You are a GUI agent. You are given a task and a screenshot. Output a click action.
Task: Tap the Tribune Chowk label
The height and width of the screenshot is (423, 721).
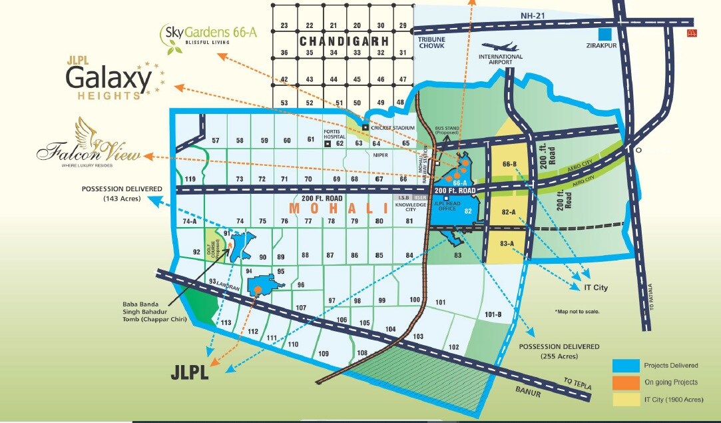click(431, 43)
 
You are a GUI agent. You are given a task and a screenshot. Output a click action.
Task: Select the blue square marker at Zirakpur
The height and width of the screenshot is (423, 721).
click(604, 33)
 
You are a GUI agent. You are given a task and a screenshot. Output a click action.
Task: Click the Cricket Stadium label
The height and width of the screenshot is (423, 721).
click(393, 127)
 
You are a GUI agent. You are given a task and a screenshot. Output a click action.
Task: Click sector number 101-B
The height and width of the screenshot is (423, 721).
click(493, 313)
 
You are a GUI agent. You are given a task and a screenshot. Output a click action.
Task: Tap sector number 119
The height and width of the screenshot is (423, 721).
click(191, 179)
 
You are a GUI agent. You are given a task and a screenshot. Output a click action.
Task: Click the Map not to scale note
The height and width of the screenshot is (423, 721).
click(577, 311)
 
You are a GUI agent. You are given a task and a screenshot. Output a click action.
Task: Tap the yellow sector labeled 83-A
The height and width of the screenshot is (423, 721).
click(509, 243)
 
